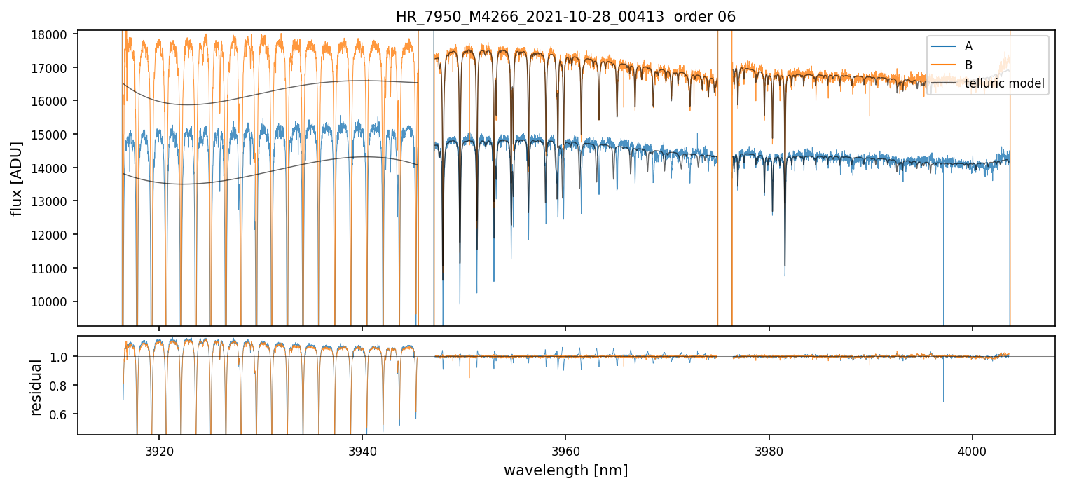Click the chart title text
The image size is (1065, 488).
pos(565,17)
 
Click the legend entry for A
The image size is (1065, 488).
pos(968,47)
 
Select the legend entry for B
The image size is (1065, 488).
pos(968,65)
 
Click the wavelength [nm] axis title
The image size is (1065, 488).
pos(565,470)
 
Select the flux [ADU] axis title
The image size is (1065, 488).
pos(15,178)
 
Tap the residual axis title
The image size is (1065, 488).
pos(36,386)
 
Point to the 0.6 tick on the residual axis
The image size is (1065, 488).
pos(62,414)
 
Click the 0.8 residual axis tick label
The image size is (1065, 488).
pos(62,386)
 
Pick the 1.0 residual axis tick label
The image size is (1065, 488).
pos(62,357)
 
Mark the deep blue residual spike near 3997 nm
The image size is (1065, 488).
pos(943,393)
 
